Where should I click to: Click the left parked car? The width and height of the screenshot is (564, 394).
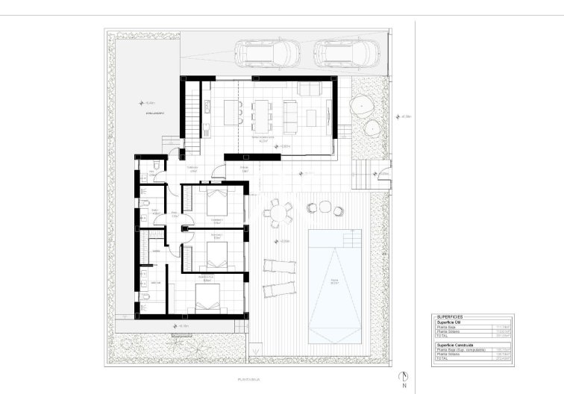click(x=265, y=53)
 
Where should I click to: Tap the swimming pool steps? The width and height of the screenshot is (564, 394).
click(x=351, y=240)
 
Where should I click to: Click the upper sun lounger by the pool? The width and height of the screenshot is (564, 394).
click(x=279, y=267)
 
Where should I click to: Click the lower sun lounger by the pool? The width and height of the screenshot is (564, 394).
click(x=279, y=290)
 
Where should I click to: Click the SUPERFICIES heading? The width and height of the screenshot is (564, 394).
click(x=453, y=317)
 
